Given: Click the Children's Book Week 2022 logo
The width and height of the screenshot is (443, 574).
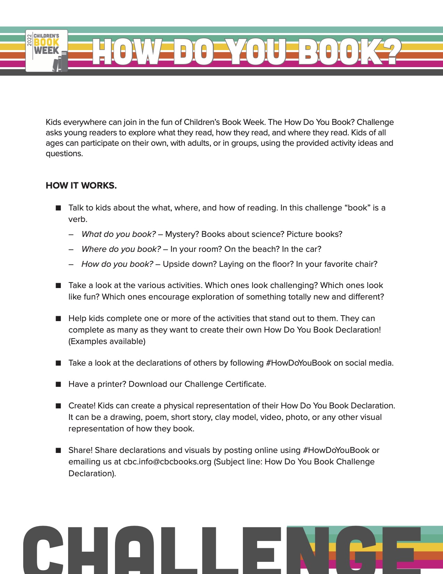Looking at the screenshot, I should coord(47,51).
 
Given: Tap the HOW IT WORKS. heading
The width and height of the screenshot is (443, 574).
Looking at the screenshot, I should coord(81,185).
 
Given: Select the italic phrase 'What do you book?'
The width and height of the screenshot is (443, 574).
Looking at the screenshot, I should coord(118,234).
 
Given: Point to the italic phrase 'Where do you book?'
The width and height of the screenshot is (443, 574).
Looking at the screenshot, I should coord(121,249).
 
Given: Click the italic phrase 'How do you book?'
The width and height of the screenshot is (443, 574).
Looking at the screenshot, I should coord(117,264).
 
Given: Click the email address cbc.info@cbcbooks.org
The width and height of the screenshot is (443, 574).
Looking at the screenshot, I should coord(167,462).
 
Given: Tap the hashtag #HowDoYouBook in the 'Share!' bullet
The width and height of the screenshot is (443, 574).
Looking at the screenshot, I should coord(336,450).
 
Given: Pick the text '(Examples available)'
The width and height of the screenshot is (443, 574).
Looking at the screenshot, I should coord(107,341).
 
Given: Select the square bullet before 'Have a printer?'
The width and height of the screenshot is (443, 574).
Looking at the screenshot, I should coord(58,384).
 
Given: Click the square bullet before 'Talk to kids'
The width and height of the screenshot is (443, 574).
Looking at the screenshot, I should coord(58,208).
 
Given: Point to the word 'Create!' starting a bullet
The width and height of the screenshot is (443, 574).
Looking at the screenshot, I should coord(82,406).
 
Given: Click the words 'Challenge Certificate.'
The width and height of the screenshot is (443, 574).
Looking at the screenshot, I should coord(225,384).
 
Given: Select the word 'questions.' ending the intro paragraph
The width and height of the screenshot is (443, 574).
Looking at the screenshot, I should coord(64,153).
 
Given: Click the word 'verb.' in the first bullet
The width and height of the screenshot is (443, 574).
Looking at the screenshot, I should coord(78,219).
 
